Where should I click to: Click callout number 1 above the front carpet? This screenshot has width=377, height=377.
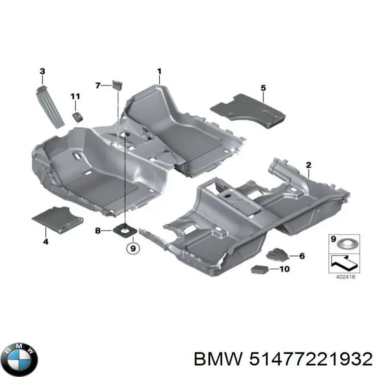click(159, 72)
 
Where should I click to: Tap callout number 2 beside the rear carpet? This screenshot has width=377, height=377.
click(309, 165)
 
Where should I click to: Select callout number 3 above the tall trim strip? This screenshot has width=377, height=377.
click(42, 71)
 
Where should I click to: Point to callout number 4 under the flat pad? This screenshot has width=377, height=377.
click(46, 242)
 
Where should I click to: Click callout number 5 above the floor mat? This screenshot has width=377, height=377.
click(263, 87)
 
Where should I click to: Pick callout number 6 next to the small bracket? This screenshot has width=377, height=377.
click(302, 256)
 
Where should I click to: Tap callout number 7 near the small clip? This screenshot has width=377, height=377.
click(98, 85)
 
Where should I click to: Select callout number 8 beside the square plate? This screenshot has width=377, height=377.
click(98, 230)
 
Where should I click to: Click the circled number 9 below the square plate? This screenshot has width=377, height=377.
click(133, 247)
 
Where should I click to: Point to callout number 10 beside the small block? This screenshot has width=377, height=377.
click(285, 270)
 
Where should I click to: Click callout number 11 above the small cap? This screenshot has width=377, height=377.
click(76, 97)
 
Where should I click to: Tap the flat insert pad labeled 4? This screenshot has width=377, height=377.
click(57, 218)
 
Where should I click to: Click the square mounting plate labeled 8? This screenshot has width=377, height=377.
click(126, 230)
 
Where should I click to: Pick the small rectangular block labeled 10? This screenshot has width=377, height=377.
click(260, 270)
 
